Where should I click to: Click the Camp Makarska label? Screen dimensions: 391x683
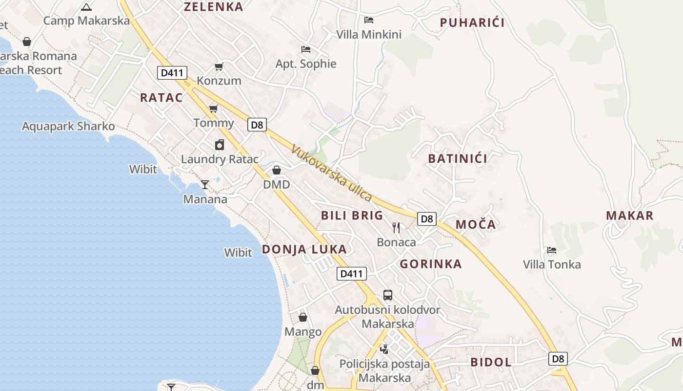coord(86,21)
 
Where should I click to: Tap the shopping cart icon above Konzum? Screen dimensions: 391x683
coord(219,66)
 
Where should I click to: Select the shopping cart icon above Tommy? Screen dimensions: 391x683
coord(213,108)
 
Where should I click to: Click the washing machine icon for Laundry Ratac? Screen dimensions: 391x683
coord(220,145)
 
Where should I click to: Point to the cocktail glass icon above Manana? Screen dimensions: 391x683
coord(205,185)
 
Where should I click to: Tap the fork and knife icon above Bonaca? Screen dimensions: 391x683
coord(396,227)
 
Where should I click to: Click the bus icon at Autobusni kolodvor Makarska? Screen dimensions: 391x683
coord(388,295)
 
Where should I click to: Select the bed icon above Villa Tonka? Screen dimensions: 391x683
coord(552,250)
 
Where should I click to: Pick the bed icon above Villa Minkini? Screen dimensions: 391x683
coord(369,20)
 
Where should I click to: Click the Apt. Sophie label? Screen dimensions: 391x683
coord(306,64)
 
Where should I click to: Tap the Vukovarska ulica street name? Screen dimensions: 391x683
coord(332,173)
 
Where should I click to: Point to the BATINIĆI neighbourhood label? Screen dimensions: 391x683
coord(457,158)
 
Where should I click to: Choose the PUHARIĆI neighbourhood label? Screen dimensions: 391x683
coord(472,22)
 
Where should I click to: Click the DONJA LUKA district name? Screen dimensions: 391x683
coord(304,249)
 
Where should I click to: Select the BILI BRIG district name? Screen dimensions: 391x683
coord(352,216)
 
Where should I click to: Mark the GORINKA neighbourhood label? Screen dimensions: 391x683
coord(430,264)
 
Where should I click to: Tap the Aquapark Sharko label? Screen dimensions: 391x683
coord(68,127)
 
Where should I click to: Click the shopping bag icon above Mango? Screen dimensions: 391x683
coord(303,318)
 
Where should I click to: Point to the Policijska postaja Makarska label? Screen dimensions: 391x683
coord(384,371)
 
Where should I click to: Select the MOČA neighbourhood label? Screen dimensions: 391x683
coord(475,224)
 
